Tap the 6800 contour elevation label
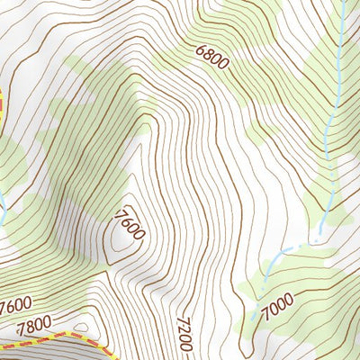211,58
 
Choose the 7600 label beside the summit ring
130,224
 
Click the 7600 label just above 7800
15,304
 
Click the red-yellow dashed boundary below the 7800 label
54,338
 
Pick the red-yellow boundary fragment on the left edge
3,99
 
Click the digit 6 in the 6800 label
198,51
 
